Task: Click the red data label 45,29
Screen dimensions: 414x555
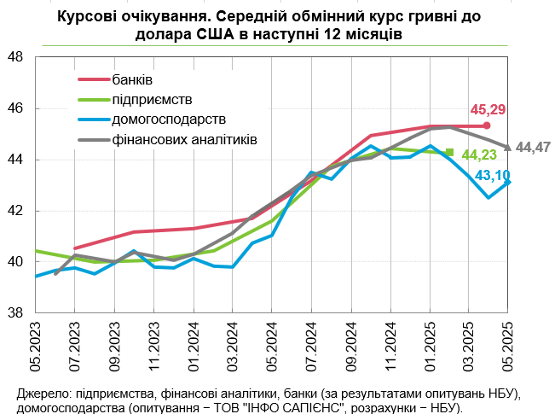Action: click(489, 109)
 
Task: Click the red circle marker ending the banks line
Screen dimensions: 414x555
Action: click(487, 125)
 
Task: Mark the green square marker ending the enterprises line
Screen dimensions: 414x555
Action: click(450, 153)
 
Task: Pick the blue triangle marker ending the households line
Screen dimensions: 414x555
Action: click(508, 182)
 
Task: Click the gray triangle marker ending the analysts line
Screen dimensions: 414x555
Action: click(508, 147)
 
